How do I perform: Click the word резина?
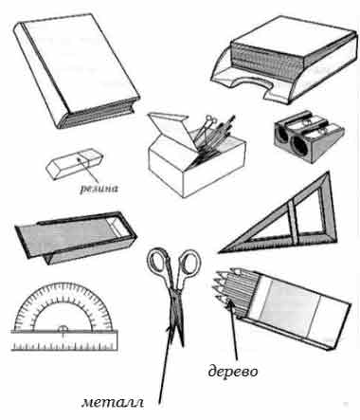pyautogui.click(x=99, y=189)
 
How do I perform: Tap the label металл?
pyautogui.click(x=113, y=402)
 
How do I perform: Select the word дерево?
pyautogui.click(x=233, y=371)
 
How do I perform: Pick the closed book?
pyautogui.click(x=77, y=70)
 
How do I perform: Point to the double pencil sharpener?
pyautogui.click(x=309, y=137)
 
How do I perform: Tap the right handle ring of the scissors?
pyautogui.click(x=189, y=263)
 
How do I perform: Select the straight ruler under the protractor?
pyautogui.click(x=64, y=340)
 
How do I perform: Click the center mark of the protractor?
pyautogui.click(x=63, y=329)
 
